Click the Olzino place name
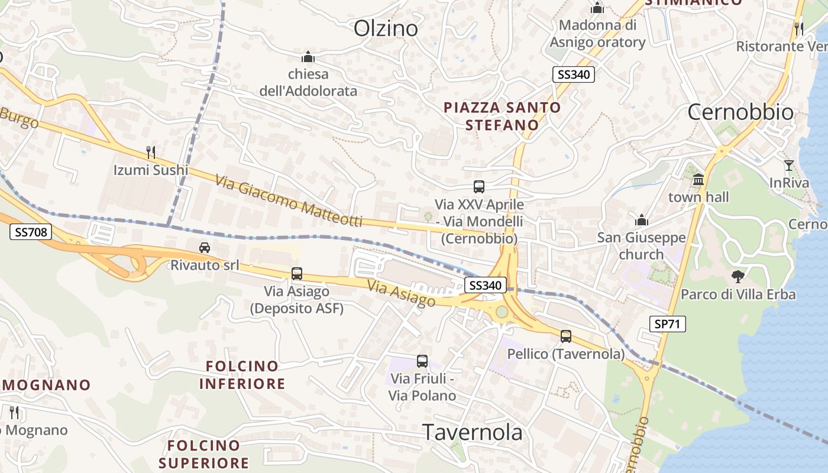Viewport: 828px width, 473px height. click(386, 28)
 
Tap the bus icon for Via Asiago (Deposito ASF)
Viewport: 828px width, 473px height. click(297, 274)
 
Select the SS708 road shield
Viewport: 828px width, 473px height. click(31, 232)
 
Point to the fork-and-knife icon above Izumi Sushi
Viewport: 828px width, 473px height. click(151, 153)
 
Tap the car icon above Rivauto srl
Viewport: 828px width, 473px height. click(205, 247)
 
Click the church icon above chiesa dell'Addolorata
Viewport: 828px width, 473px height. click(308, 57)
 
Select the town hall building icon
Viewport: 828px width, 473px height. click(698, 179)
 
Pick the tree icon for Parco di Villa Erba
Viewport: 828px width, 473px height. click(738, 276)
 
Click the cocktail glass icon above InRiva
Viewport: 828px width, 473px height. click(789, 166)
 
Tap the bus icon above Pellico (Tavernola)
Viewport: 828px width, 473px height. click(566, 336)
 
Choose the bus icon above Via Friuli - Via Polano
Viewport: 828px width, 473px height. click(422, 361)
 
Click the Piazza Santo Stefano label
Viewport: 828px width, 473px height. click(502, 116)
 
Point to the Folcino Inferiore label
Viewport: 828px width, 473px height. click(242, 375)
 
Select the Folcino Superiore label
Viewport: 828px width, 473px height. click(203, 453)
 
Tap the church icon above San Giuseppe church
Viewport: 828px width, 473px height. click(642, 221)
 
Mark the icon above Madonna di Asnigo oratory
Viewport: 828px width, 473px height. click(597, 8)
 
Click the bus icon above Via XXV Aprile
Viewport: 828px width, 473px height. click(479, 187)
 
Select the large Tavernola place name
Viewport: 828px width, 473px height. click(473, 432)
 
